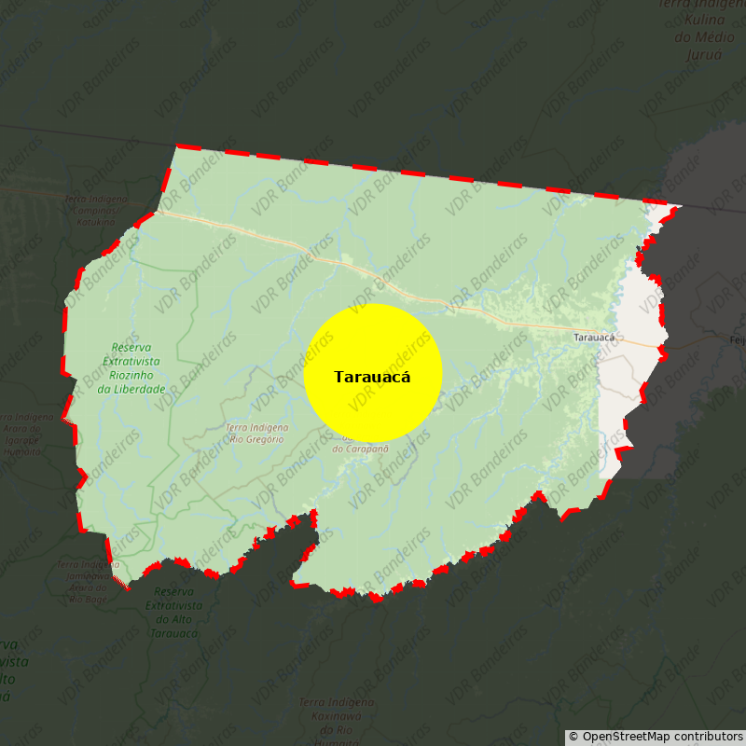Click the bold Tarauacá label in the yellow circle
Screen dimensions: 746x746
point(372,377)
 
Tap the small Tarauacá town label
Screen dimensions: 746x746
point(594,338)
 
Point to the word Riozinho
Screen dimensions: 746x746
point(131,375)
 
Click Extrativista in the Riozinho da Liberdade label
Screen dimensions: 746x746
point(131,361)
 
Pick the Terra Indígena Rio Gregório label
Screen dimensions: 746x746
point(256,433)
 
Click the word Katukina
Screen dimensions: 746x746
point(96,222)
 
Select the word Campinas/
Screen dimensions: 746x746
point(96,210)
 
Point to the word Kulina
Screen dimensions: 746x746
point(704,20)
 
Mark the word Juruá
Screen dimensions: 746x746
point(704,55)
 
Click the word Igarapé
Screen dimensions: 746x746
point(22,440)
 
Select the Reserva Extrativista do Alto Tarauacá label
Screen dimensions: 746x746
point(173,612)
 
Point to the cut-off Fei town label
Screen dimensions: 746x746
point(737,340)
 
